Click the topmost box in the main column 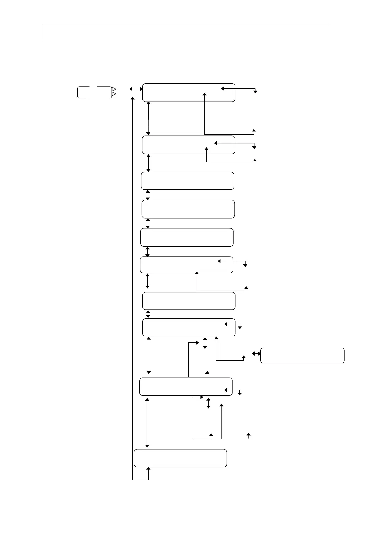coord(188,93)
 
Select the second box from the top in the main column coord(188,145)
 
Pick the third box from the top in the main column coord(187,181)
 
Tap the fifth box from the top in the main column coord(187,237)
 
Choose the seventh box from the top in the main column coord(189,301)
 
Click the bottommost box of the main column coord(181,458)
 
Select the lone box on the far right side coord(302,355)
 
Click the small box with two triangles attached coord(95,92)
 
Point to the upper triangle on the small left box coord(114,89)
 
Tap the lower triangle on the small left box coord(114,95)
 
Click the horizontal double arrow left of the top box coord(136,89)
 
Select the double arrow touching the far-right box coord(256,353)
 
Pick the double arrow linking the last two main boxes coord(147,422)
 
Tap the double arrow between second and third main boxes coord(148,163)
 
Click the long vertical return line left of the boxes coord(133,287)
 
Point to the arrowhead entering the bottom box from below coord(148,469)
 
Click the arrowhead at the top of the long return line coord(133,98)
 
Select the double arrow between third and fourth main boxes coord(148,195)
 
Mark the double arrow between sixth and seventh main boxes coord(147,281)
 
